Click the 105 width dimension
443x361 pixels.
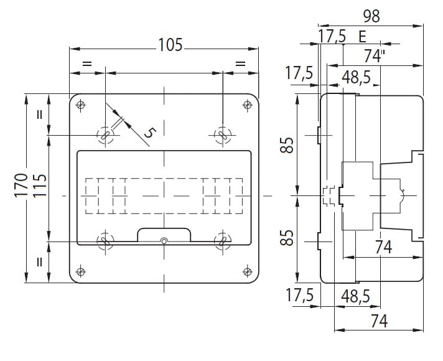click(x=170, y=45)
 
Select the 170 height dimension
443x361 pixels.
click(x=21, y=185)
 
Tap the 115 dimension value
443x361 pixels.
click(x=40, y=185)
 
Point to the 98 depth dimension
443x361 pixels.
click(x=371, y=16)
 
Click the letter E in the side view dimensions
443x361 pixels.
click(x=362, y=37)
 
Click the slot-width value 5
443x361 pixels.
click(x=151, y=133)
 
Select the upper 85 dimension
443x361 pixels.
click(x=287, y=145)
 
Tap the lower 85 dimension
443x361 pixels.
click(x=287, y=238)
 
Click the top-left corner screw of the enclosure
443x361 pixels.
click(x=81, y=105)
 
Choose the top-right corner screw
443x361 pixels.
click(x=248, y=105)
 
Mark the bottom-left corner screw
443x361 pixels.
click(x=81, y=272)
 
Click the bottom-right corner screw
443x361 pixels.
click(x=248, y=272)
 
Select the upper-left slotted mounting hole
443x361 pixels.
click(x=105, y=136)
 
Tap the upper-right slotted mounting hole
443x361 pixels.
click(x=223, y=136)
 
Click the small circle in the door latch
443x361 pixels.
click(x=164, y=241)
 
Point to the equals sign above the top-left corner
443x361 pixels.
click(x=87, y=63)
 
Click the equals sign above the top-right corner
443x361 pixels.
click(x=240, y=63)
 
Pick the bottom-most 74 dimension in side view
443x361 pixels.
click(x=379, y=321)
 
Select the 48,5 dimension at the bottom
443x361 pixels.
click(x=355, y=296)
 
